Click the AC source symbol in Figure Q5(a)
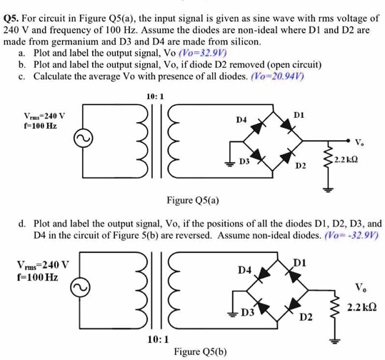coord(84,139)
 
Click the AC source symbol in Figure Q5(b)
coord(80,287)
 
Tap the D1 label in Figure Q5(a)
coord(299,115)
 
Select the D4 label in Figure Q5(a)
coord(241,120)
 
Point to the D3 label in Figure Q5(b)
coord(247,312)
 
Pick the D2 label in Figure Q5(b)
coord(306,318)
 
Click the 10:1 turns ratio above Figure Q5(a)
coord(155,96)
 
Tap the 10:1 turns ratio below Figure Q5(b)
coord(159,339)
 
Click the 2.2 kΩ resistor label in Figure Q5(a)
coord(346,160)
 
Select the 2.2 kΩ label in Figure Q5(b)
coord(361,307)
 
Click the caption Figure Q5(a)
coord(193,201)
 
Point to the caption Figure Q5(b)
coord(200,351)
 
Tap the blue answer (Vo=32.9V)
coord(203,53)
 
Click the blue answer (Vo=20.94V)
coord(277,76)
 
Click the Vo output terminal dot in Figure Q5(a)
coord(348,141)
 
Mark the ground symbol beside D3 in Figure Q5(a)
coord(229,164)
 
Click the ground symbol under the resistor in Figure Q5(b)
coord(334,340)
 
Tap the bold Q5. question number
coord(11,19)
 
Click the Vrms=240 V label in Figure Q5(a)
coord(44,116)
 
